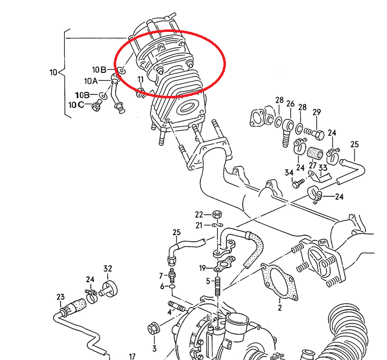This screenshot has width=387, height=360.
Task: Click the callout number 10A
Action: click(x=91, y=81)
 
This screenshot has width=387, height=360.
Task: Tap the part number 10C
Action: click(x=76, y=104)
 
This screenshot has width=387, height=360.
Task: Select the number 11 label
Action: click(x=141, y=79)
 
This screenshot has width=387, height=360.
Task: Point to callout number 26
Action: click(x=290, y=103)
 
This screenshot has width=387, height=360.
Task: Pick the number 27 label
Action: click(x=313, y=165)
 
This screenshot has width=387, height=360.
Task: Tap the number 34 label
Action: click(x=289, y=173)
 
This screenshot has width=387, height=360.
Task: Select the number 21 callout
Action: click(x=199, y=225)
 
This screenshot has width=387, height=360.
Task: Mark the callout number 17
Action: click(x=132, y=357)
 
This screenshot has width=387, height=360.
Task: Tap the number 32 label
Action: click(x=108, y=268)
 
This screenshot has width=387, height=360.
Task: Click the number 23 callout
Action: click(x=60, y=297)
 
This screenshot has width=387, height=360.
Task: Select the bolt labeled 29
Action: click(x=316, y=134)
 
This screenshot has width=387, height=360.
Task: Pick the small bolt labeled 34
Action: click(x=298, y=184)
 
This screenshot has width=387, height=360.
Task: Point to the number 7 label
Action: click(x=161, y=276)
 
